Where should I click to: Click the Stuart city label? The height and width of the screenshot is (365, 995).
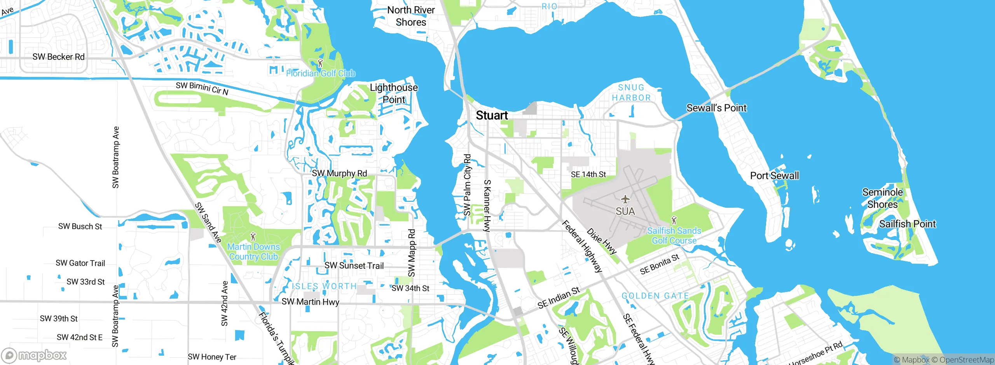click(492, 115)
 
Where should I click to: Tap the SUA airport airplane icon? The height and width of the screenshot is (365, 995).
click(625, 199)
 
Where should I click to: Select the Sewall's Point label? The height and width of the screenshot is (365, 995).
click(716, 108)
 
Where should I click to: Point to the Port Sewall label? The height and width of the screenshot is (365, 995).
click(774, 176)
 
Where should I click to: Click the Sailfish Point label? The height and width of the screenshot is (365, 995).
click(908, 224)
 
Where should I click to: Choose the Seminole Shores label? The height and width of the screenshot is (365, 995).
click(883, 198)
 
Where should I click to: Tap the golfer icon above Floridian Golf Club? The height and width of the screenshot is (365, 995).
click(320, 63)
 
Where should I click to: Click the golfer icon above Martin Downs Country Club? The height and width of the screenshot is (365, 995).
click(253, 236)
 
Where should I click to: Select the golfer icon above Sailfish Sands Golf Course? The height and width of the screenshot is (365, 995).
click(674, 221)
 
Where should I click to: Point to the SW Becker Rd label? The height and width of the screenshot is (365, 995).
click(58, 57)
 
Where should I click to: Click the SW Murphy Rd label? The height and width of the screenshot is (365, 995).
click(339, 173)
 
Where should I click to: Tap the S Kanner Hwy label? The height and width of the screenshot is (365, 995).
click(487, 205)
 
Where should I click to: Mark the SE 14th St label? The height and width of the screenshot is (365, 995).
click(588, 174)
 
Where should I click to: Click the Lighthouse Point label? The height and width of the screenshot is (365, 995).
click(394, 94)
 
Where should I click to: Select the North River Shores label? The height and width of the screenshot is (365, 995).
click(411, 16)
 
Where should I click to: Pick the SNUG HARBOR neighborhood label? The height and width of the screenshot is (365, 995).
click(631, 93)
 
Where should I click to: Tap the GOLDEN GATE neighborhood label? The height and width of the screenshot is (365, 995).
click(655, 296)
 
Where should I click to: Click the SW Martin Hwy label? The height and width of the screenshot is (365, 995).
click(310, 302)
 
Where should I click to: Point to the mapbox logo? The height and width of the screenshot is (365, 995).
click(34, 355)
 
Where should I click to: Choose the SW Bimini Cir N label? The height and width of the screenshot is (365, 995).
click(202, 88)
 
